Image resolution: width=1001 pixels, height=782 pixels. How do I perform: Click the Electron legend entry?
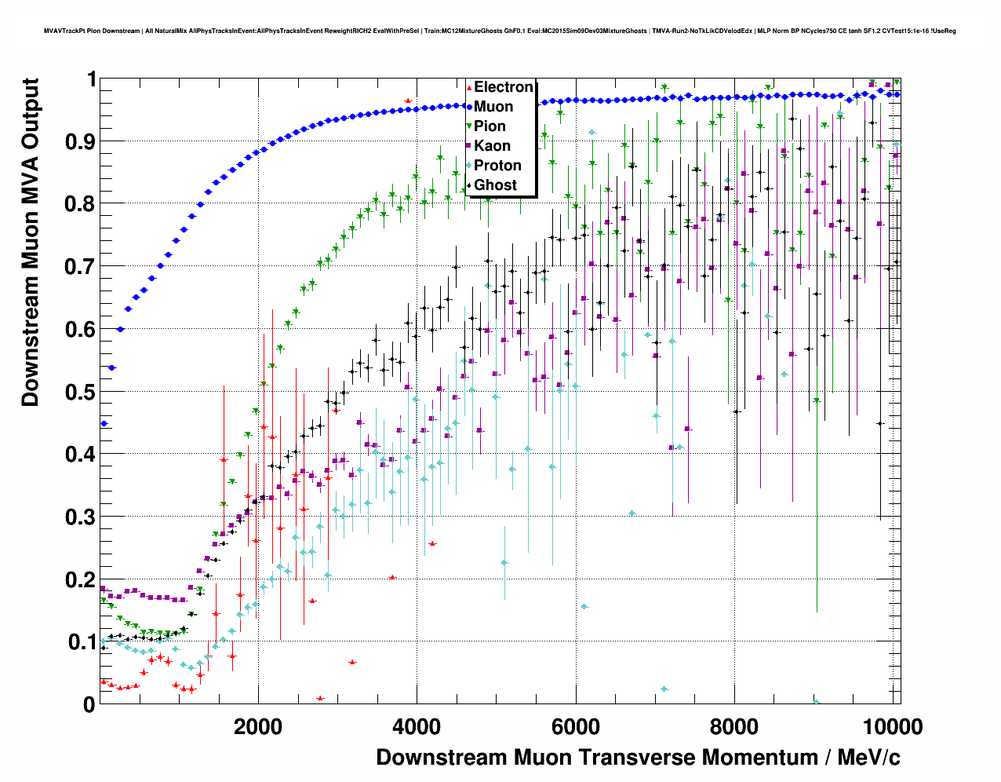[x=503, y=87]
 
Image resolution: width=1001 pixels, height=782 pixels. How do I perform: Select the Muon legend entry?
[x=493, y=107]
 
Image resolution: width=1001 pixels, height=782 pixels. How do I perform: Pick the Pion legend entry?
[x=490, y=126]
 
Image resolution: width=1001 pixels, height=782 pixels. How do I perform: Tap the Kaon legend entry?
[x=492, y=146]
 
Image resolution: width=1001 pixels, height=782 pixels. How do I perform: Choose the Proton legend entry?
[x=497, y=166]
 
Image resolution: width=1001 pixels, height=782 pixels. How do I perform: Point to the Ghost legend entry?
[x=495, y=185]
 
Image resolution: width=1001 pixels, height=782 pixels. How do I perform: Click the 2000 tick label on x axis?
[x=258, y=726]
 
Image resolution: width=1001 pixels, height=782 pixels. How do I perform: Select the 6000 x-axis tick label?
[x=576, y=726]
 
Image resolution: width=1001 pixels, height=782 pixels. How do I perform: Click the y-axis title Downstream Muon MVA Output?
[x=31, y=242]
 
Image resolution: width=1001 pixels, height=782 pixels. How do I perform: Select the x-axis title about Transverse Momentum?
[x=638, y=758]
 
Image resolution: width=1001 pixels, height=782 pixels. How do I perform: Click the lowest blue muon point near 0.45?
[x=104, y=424]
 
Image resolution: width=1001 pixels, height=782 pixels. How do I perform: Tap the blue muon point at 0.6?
[x=120, y=329]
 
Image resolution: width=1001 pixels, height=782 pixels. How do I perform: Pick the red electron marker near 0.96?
[x=408, y=100]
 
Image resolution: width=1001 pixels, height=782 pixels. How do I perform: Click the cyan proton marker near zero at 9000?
[x=817, y=702]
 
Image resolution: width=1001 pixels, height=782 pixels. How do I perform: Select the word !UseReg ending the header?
[x=944, y=31]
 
